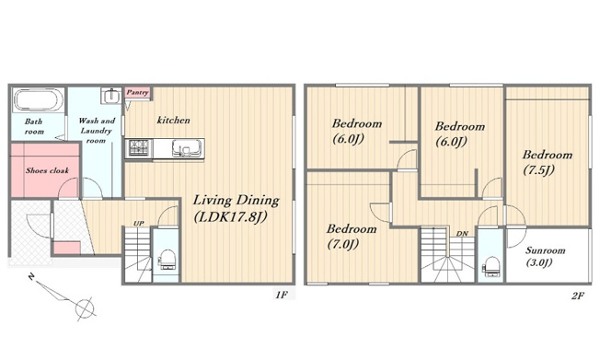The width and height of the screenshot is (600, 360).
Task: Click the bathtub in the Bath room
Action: pyautogui.click(x=39, y=99)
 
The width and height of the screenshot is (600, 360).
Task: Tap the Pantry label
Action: pyautogui.click(x=137, y=92)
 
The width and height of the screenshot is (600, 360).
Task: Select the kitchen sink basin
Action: pyautogui.click(x=187, y=147)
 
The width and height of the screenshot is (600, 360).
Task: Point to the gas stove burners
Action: pyautogui.click(x=139, y=148)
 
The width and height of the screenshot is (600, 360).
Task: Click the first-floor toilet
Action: pyautogui.click(x=167, y=260)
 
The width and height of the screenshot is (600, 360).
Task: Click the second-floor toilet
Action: pyautogui.click(x=491, y=266)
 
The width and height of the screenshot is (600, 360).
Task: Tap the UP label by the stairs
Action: pyautogui.click(x=139, y=223)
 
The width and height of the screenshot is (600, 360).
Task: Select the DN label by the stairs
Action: pyautogui.click(x=462, y=233)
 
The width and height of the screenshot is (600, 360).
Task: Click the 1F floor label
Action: pyautogui.click(x=282, y=295)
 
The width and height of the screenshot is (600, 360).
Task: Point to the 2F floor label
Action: pyautogui.click(x=578, y=296)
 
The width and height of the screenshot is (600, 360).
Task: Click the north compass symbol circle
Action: pyautogui.click(x=84, y=308)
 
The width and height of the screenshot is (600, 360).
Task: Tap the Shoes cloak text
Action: pyautogui.click(x=47, y=170)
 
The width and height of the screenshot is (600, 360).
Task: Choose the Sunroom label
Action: pyautogui.click(x=546, y=250)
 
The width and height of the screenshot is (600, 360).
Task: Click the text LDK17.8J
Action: pyautogui.click(x=231, y=217)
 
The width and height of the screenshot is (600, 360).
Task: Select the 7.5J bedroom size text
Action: pyautogui.click(x=538, y=169)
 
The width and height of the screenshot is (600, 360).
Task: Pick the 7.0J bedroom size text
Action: pyautogui.click(x=343, y=244)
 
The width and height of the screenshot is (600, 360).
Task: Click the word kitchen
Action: pyautogui.click(x=173, y=120)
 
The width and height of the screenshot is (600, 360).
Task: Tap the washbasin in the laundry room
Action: pyautogui.click(x=111, y=95)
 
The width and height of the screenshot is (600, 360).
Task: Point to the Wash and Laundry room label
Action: pyautogui.click(x=96, y=131)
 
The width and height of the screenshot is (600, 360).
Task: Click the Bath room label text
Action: pyautogui.click(x=34, y=126)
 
